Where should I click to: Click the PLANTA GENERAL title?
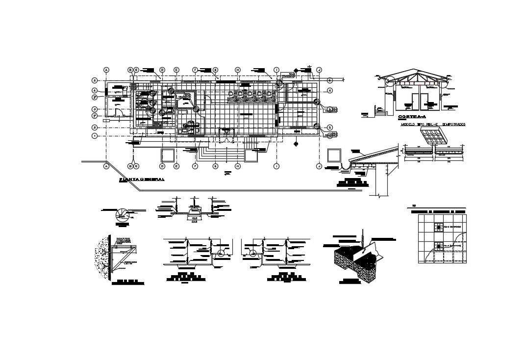pos(142,180)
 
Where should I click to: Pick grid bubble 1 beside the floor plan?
pos(95,135)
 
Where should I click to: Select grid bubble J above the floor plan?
pos(319,70)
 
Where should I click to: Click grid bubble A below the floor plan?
pos(106,167)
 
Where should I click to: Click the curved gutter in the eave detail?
pos(347,167)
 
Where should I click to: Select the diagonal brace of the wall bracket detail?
pos(123,259)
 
